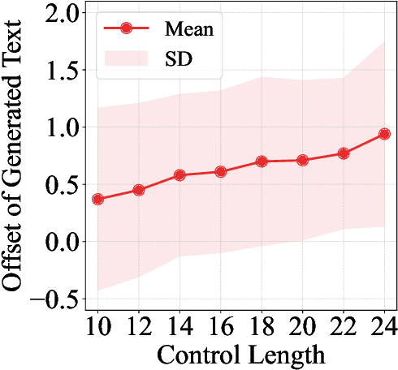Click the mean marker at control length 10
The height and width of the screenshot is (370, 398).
click(x=98, y=199)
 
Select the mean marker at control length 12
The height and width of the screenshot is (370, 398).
click(x=139, y=190)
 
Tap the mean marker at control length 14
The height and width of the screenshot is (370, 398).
click(x=180, y=175)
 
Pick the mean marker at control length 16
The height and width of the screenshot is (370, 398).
click(x=221, y=171)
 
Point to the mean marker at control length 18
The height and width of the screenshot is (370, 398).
click(x=262, y=161)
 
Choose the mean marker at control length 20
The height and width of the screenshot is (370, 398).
click(x=302, y=160)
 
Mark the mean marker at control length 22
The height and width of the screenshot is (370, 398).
click(x=344, y=153)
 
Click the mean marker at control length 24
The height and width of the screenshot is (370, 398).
click(x=384, y=134)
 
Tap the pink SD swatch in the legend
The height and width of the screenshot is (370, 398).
click(x=126, y=58)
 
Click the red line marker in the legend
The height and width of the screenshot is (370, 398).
click(x=126, y=28)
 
